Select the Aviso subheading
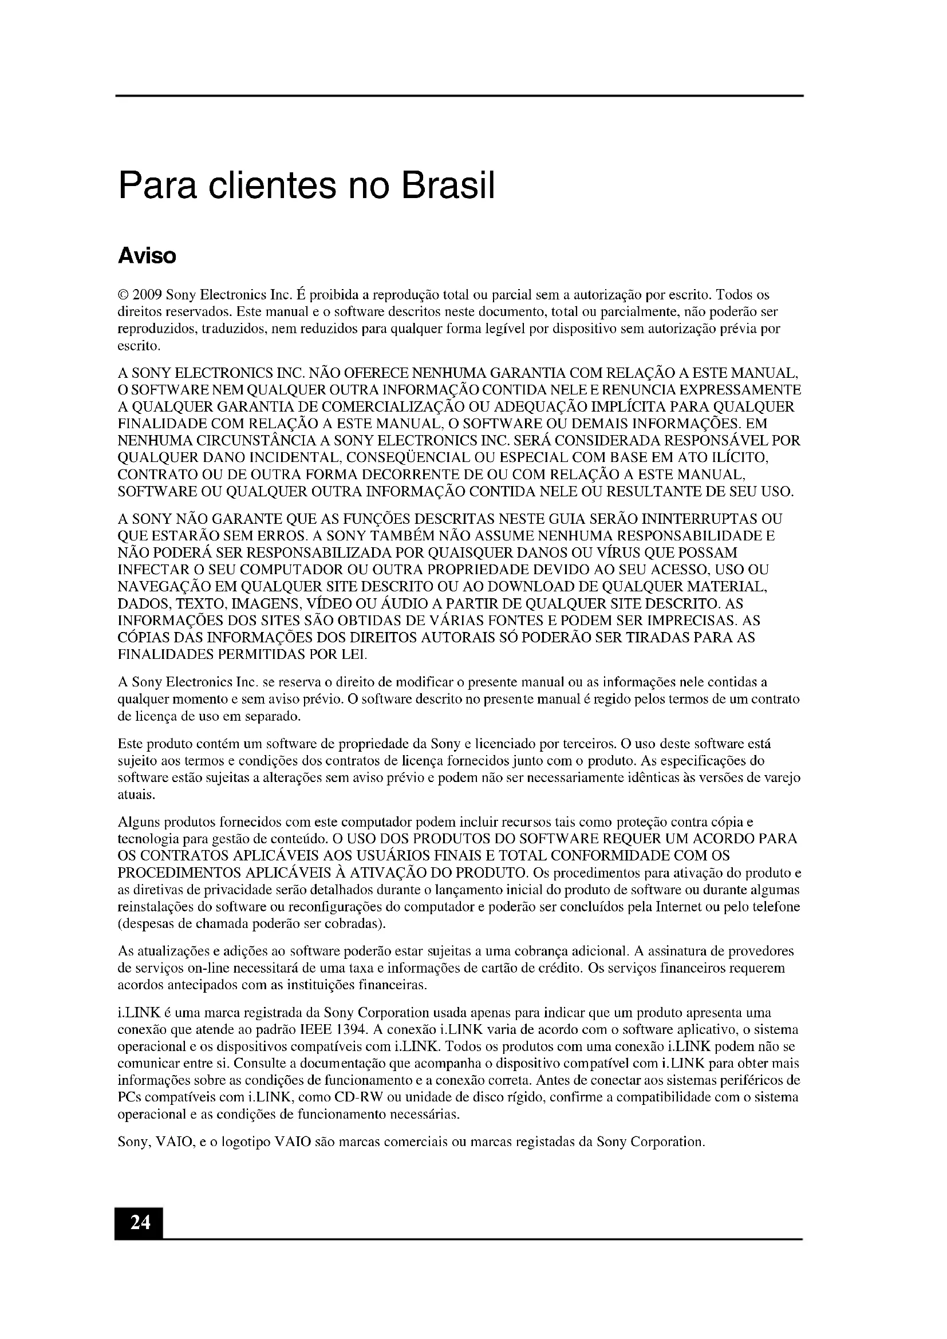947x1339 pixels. click(x=147, y=256)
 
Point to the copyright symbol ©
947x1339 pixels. click(x=123, y=294)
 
